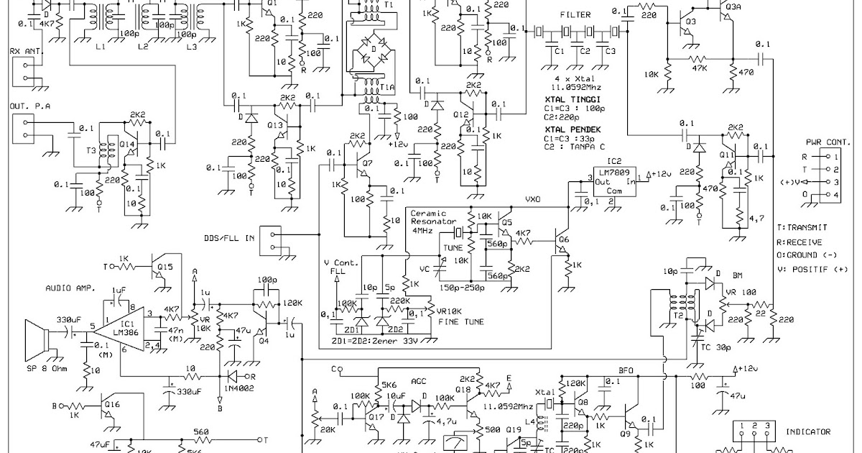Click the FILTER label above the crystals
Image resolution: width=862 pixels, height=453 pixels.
pos(575,15)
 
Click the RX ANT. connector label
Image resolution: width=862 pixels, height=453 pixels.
pos(25,51)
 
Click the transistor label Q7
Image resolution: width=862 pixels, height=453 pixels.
pos(367,163)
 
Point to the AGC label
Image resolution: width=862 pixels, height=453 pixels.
pos(419,383)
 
